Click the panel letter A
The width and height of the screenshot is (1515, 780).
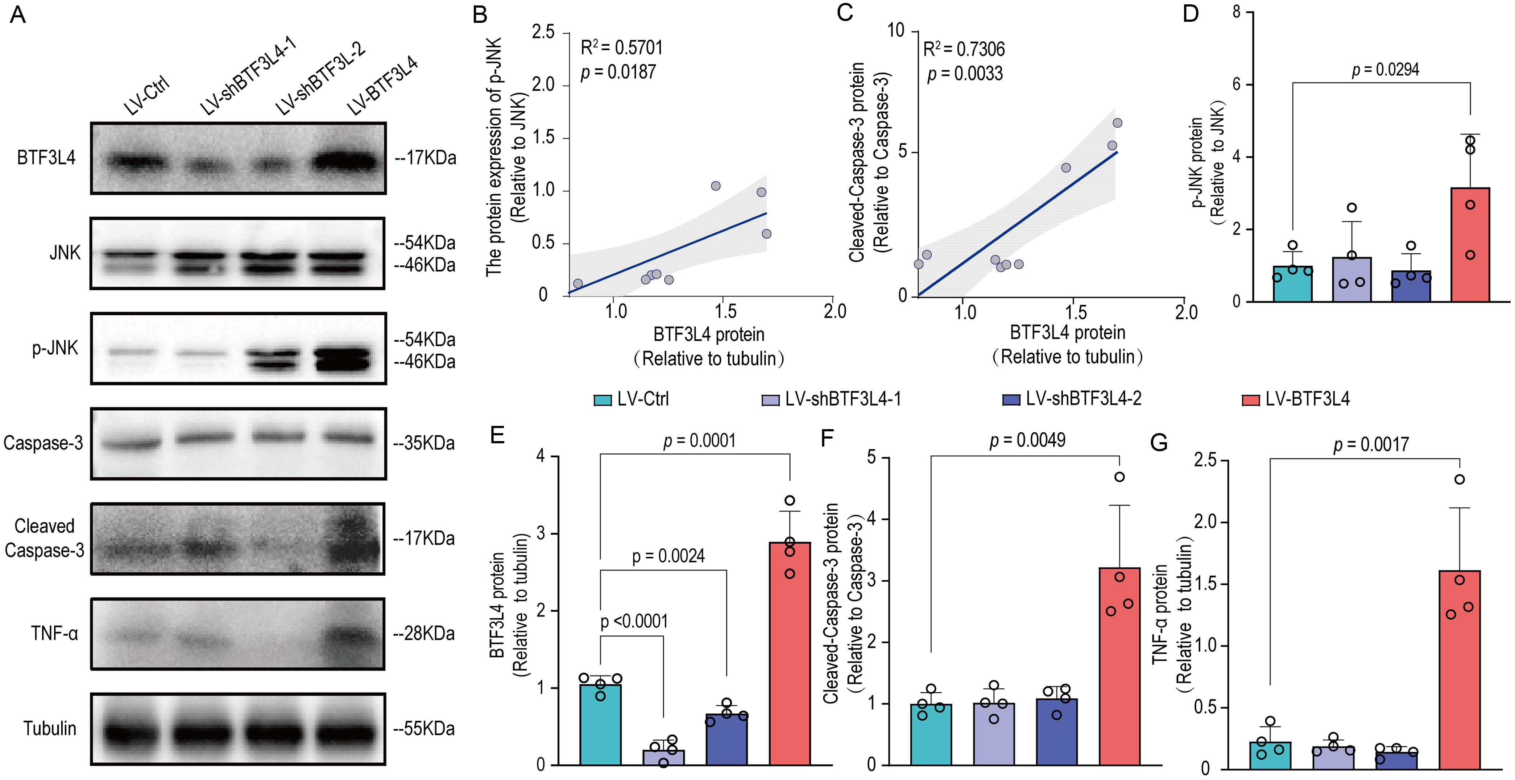(18, 14)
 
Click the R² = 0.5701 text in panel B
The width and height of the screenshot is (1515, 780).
(622, 47)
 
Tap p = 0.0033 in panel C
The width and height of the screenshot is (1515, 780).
(965, 74)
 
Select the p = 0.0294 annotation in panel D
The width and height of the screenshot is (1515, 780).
(1385, 70)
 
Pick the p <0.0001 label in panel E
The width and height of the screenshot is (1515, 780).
(634, 621)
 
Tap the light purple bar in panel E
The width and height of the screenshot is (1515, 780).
(663, 757)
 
